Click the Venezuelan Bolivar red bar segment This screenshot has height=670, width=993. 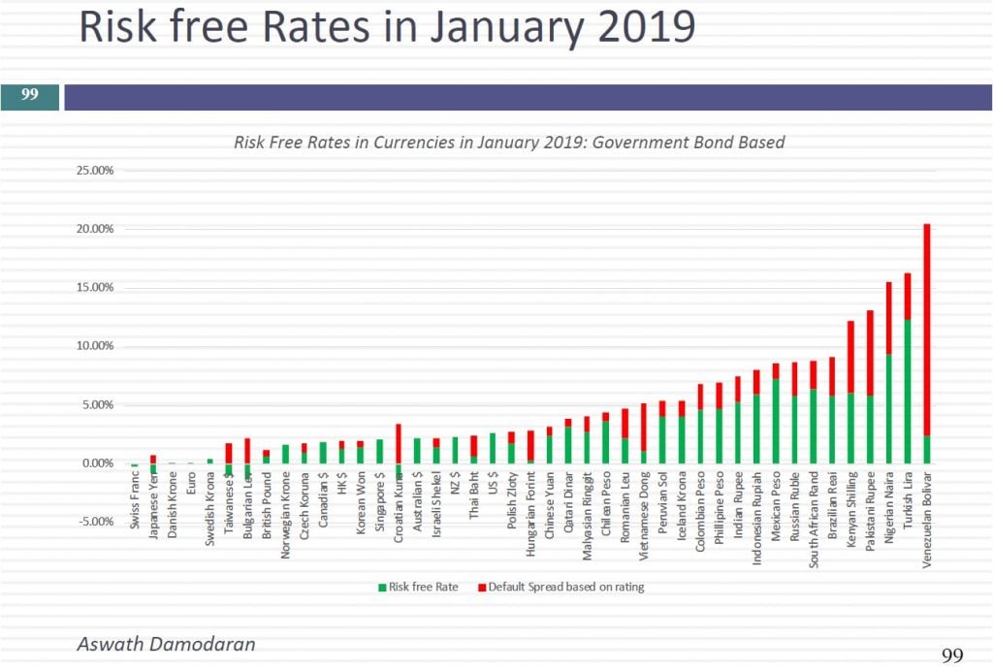coord(927,330)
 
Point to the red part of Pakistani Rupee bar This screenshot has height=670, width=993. coord(871,352)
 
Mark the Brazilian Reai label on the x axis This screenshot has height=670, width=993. coord(833,505)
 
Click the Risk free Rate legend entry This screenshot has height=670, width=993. coord(419,587)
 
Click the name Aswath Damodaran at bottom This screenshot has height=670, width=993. coord(166,644)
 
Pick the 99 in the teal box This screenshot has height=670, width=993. coord(30,96)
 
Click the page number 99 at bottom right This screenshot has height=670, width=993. coord(952,655)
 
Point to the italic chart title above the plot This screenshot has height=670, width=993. coord(509,143)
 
